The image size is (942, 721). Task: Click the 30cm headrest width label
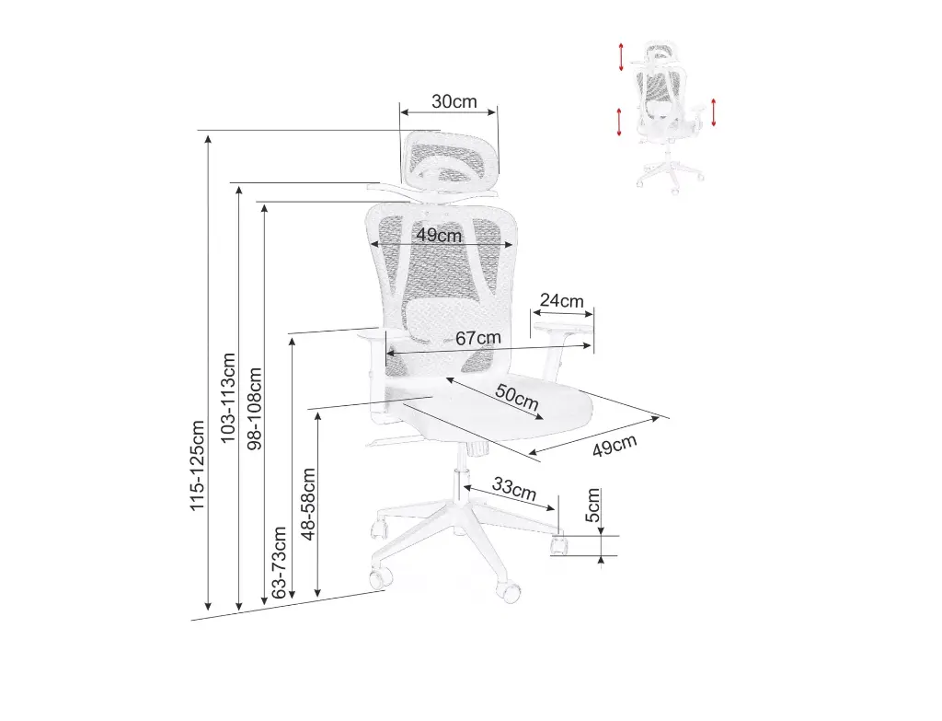454,101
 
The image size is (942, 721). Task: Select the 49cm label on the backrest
439,235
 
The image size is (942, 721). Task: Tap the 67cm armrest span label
478,338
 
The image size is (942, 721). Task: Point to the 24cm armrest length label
561,300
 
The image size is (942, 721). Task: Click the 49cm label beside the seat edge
615,446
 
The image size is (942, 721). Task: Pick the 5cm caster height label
593,506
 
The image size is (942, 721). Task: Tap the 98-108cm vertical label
255,409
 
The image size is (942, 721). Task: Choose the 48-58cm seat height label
308,504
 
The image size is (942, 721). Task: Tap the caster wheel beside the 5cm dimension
557,545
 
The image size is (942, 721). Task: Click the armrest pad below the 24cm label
563,318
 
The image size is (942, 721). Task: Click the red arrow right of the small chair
713,111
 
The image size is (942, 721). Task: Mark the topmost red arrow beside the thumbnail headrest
622,56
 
